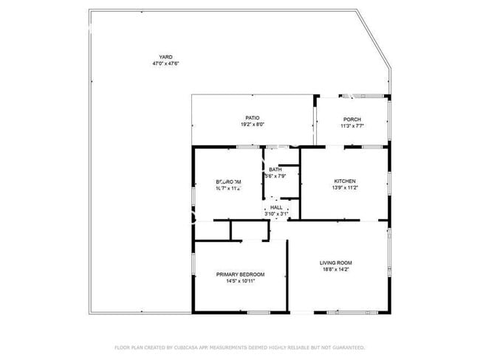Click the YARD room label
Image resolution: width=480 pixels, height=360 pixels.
[x=164, y=57]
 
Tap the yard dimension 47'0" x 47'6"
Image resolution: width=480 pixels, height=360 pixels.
[x=164, y=63]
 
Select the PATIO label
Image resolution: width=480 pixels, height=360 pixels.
[x=252, y=118]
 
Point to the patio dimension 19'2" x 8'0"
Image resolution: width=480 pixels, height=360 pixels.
[x=252, y=125]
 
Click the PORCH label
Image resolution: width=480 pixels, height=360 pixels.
[x=352, y=120]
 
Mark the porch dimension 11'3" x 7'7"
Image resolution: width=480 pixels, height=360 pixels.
[x=352, y=126]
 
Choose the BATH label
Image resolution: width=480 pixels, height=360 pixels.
[x=275, y=170]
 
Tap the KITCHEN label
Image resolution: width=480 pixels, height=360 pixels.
[x=345, y=181]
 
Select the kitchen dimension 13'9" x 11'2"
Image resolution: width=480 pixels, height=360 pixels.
[x=345, y=188]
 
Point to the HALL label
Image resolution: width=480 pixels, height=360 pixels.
[x=276, y=208]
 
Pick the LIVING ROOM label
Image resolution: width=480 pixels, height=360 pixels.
[x=335, y=263]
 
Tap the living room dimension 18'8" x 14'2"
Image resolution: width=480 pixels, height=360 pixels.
[x=335, y=270]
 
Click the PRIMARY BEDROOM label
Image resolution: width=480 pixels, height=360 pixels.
[x=240, y=274]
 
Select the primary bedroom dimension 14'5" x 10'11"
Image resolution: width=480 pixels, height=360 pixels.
[x=240, y=281]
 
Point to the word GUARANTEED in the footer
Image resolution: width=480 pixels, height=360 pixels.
[x=347, y=347]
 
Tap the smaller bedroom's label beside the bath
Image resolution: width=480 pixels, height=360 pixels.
[x=228, y=181]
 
